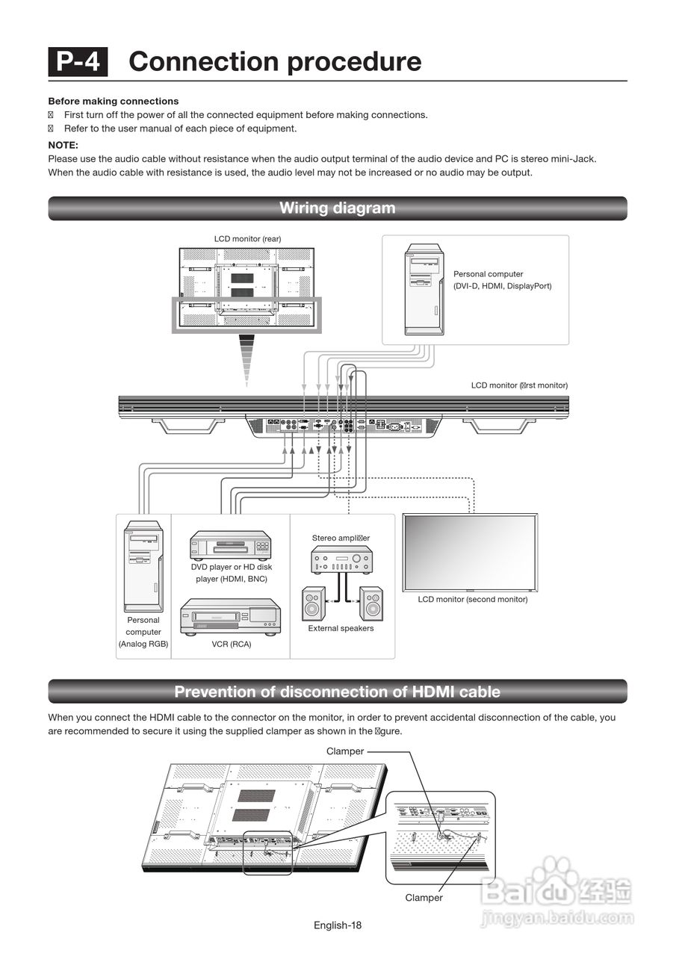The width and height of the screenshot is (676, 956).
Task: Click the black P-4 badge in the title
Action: (x=78, y=61)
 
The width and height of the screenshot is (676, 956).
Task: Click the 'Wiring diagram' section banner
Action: (x=338, y=208)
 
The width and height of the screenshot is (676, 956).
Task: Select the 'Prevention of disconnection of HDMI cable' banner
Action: (x=338, y=692)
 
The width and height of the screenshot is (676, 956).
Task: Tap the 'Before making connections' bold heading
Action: (x=114, y=101)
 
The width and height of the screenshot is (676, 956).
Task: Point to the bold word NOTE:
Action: (x=63, y=145)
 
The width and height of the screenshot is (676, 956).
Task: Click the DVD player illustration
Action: (x=230, y=545)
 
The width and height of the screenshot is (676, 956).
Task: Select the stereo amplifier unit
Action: (x=341, y=559)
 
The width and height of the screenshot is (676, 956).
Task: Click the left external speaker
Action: (x=314, y=603)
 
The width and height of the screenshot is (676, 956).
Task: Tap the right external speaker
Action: (x=370, y=603)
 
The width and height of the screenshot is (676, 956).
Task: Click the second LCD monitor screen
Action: (x=470, y=553)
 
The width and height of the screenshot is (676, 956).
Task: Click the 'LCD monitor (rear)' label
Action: (x=248, y=239)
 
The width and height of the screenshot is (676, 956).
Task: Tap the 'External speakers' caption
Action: (x=341, y=628)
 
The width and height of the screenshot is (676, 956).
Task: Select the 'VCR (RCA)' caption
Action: (x=231, y=644)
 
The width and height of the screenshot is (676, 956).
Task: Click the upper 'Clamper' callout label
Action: (x=344, y=751)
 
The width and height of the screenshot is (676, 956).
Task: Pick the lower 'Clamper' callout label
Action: (x=424, y=898)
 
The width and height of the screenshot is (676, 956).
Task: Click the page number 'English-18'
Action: (x=338, y=925)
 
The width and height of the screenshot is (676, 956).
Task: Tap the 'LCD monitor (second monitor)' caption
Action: (x=473, y=599)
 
